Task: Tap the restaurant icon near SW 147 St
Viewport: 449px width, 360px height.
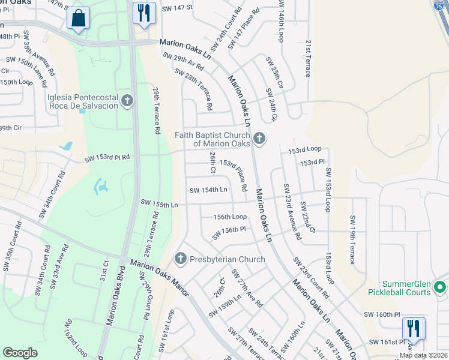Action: pos(144,14)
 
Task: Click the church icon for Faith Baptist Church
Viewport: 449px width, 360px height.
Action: pos(259,139)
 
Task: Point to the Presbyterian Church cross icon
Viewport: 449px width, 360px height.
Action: pos(179,259)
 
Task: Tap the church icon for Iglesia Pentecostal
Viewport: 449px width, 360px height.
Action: pos(127,101)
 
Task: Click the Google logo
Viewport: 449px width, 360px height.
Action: pos(20,352)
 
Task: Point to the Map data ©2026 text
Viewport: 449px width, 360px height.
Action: pos(423,355)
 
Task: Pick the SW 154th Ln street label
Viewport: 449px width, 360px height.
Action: pos(208,190)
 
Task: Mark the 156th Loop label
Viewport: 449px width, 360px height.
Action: pos(230,217)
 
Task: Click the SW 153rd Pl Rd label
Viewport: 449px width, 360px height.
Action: pos(107,158)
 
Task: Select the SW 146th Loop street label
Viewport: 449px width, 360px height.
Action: pos(280,22)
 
